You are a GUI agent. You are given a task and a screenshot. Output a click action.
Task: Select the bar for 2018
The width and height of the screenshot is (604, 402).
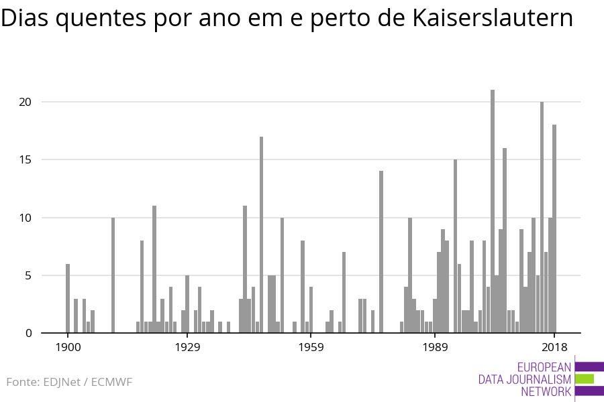pos(554,228)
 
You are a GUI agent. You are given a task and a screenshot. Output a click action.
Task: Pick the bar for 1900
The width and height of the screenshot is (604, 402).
pos(68,298)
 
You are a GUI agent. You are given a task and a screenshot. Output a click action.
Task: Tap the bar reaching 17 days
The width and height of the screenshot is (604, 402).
pos(261,234)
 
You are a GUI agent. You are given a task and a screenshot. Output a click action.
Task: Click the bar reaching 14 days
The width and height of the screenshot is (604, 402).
pos(381,252)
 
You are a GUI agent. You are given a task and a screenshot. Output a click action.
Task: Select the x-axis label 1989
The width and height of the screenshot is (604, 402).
pos(435,347)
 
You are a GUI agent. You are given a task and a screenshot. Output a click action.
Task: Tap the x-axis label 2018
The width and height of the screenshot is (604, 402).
pos(554,347)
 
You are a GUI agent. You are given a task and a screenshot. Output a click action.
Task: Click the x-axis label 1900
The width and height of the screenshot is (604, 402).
pos(68,347)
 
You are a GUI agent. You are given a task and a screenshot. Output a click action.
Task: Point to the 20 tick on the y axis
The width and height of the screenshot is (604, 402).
pos(26,102)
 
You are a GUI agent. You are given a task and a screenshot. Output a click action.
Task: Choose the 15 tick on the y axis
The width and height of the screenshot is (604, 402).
pos(26,159)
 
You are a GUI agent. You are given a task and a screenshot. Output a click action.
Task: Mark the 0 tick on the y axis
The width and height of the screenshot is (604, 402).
pos(28,333)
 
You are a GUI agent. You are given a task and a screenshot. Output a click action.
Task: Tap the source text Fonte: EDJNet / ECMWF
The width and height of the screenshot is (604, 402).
pos(69,382)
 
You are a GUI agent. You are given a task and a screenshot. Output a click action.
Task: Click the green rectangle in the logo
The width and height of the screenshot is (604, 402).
pos(585,379)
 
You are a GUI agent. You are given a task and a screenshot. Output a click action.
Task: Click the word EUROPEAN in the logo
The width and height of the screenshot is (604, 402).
pos(544,367)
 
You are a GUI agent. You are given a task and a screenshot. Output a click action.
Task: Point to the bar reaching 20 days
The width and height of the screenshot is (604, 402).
pos(542,217)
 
